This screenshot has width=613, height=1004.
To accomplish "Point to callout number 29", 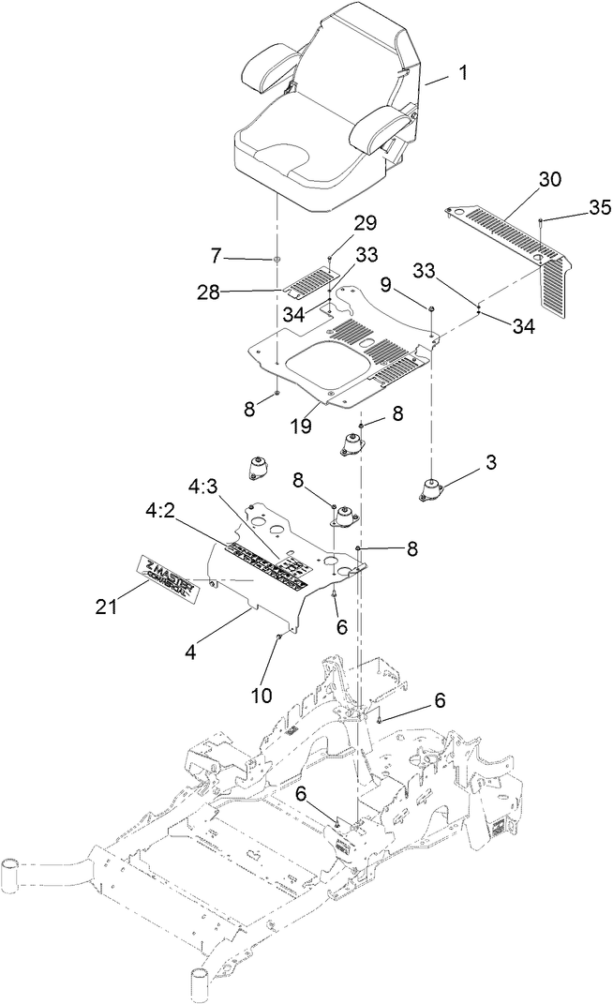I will pos(365,224).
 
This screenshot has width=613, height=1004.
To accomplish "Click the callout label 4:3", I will pos(205,488).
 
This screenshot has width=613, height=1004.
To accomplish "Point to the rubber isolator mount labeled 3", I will pos(432,489).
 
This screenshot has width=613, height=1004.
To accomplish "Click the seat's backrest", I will pos(360,56).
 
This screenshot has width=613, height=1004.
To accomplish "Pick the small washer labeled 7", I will pos(277,258).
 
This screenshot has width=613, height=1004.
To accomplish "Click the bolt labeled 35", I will pos(543,221).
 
